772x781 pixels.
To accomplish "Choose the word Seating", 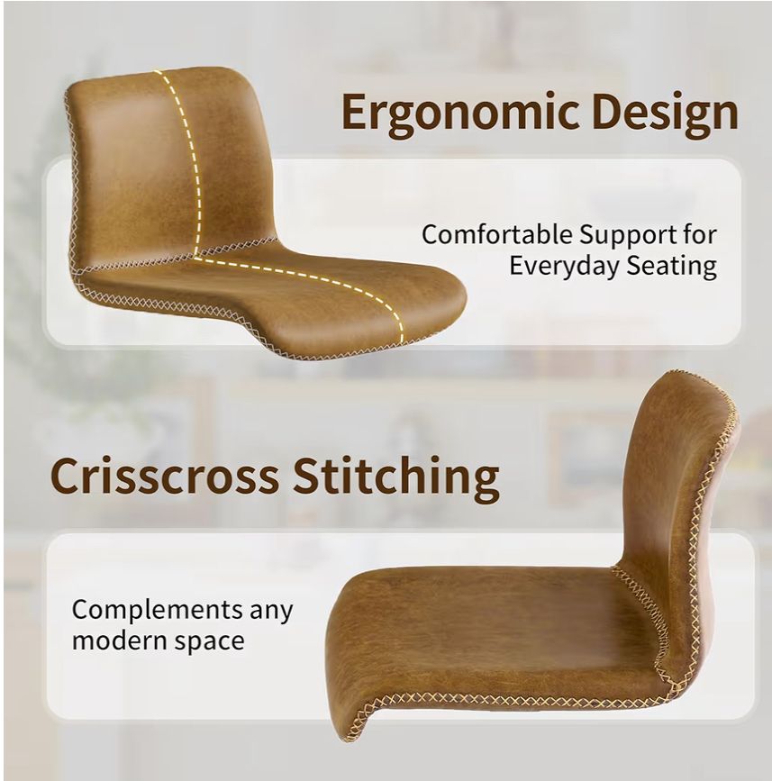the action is click(x=671, y=267).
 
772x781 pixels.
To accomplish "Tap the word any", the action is click(x=271, y=613).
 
